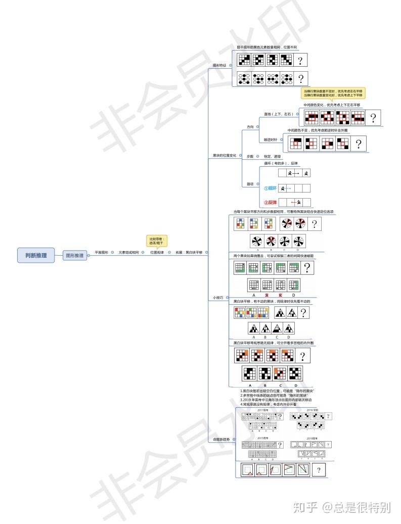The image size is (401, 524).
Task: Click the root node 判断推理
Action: tap(36, 255)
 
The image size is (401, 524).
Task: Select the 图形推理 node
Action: tap(75, 256)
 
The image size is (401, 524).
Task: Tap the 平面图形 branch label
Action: tap(102, 252)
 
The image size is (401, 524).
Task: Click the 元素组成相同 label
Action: tap(128, 252)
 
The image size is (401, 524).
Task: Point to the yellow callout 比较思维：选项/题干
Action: tap(157, 241)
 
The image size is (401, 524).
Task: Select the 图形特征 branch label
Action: tap(219, 65)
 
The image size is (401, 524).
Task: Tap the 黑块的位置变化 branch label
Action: tap(221, 155)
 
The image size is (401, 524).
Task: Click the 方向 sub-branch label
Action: tap(250, 127)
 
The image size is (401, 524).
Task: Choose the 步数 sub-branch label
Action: tap(250, 156)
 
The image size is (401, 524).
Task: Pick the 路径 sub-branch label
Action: tap(250, 184)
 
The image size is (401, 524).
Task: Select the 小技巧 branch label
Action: tap(218, 298)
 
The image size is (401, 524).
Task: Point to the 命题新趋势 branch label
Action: tap(221, 440)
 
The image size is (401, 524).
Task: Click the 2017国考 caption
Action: tap(263, 411)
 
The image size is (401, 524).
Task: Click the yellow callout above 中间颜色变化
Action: tap(333, 93)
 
